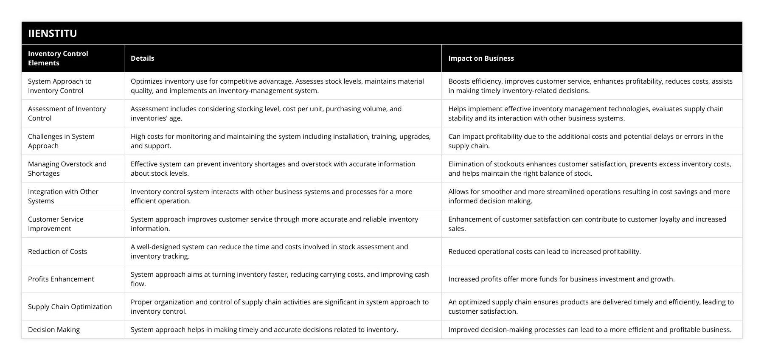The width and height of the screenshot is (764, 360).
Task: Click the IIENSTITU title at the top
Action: pyautogui.click(x=53, y=33)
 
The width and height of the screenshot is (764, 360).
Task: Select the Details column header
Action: pyautogui.click(x=142, y=58)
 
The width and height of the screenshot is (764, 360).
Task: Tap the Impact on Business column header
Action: pyautogui.click(x=481, y=58)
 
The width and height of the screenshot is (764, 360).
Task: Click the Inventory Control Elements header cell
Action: pyautogui.click(x=58, y=58)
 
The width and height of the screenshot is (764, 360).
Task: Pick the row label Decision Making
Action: pyautogui.click(x=54, y=329)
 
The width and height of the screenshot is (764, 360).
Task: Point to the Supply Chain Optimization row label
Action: pyautogui.click(x=70, y=307)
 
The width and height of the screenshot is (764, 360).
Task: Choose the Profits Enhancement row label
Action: pyautogui.click(x=61, y=279)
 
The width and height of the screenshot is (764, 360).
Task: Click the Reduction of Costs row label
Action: pyautogui.click(x=57, y=251)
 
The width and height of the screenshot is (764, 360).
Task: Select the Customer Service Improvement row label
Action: pyautogui.click(x=56, y=224)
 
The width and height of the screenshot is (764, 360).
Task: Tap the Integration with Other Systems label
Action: pyautogui.click(x=63, y=196)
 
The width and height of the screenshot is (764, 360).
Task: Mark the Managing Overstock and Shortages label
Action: pyautogui.click(x=67, y=169)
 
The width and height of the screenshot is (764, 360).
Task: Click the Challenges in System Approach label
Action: pyautogui.click(x=61, y=141)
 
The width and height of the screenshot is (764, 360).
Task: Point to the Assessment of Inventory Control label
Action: pyautogui.click(x=67, y=113)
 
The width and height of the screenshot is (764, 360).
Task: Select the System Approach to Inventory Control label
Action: pyautogui.click(x=59, y=86)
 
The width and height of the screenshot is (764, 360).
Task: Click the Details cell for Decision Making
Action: pyautogui.click(x=264, y=329)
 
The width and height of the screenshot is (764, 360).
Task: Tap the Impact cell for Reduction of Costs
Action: pyautogui.click(x=544, y=251)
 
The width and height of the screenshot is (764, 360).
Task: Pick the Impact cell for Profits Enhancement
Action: pyautogui.click(x=561, y=279)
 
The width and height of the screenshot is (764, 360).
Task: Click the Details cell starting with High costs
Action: pyautogui.click(x=280, y=141)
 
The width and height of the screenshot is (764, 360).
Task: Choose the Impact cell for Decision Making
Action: pyautogui.click(x=590, y=329)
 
